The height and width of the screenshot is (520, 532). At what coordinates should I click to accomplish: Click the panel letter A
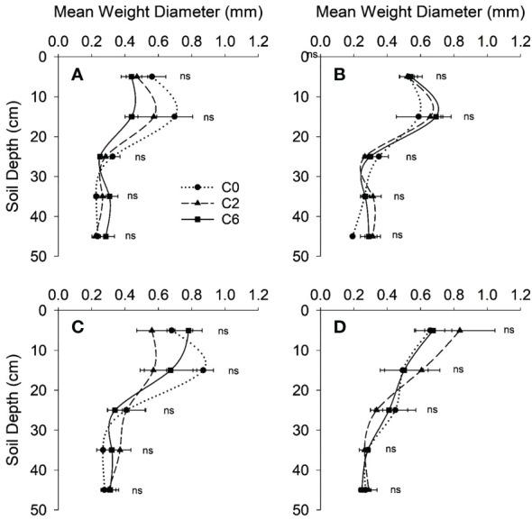(x=78, y=72)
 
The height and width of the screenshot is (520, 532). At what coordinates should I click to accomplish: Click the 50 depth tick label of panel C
(x=37, y=510)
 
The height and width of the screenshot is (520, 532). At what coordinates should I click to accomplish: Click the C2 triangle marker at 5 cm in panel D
(x=460, y=331)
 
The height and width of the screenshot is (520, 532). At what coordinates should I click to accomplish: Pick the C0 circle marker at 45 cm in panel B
(x=353, y=236)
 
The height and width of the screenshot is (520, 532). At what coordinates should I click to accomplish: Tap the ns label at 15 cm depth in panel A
(x=208, y=117)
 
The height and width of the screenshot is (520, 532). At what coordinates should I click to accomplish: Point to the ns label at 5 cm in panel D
(x=509, y=331)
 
